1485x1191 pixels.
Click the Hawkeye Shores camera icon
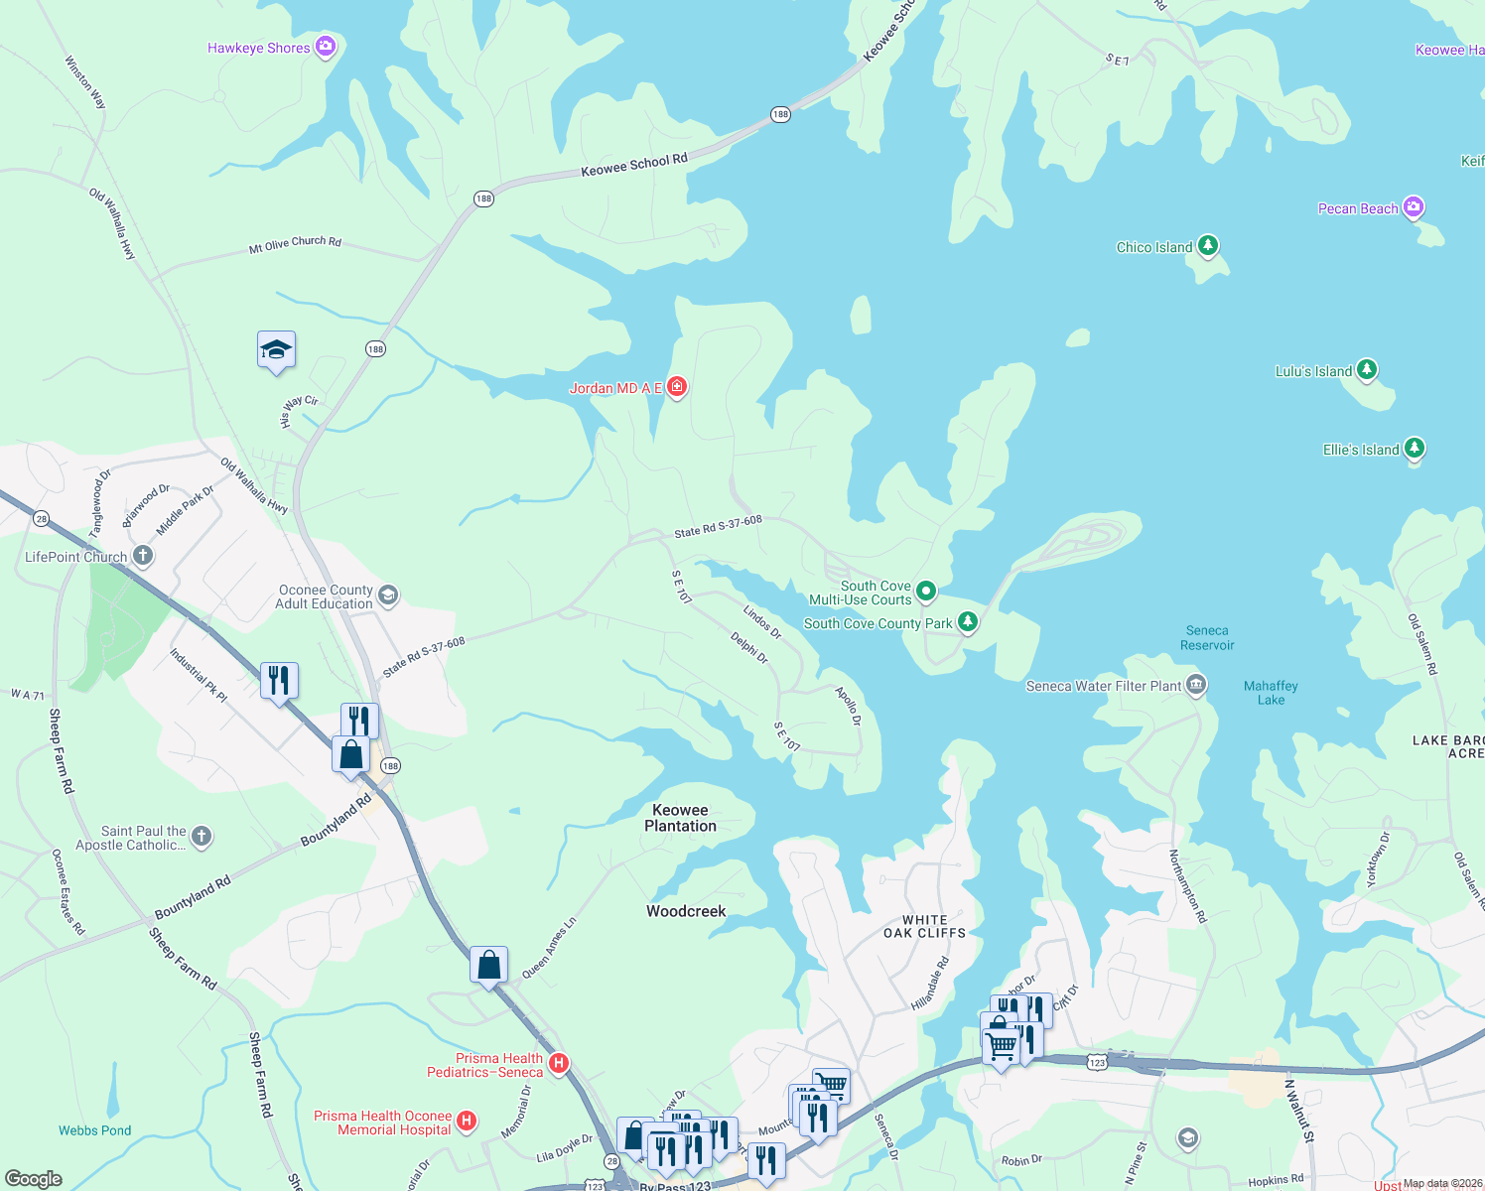pos(325,48)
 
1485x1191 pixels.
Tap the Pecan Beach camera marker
pos(1414,207)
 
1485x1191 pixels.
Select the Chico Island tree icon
pos(1207,246)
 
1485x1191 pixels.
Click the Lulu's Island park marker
pos(1367,370)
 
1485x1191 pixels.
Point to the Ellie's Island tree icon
pos(1415,449)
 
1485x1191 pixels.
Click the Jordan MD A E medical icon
pos(677,387)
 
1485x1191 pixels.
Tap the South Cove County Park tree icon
pos(967,622)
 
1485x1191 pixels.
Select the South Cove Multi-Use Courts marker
pos(926,592)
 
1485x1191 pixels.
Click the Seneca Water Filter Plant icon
pos(1196,685)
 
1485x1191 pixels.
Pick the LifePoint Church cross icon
pos(143,556)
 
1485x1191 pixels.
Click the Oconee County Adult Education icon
pos(388,595)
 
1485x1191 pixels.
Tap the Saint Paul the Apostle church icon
pos(202,837)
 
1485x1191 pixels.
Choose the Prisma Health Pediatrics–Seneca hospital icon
pos(558,1064)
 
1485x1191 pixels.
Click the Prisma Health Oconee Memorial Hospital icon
pos(467,1122)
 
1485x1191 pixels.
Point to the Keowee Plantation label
pos(680,818)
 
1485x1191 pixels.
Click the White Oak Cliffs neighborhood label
pos(924,926)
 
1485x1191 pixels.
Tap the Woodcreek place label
pos(686,911)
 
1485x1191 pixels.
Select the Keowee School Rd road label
pos(633,165)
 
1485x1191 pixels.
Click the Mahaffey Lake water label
pos(1271,693)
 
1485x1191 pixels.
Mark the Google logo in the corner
pos(33,1179)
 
